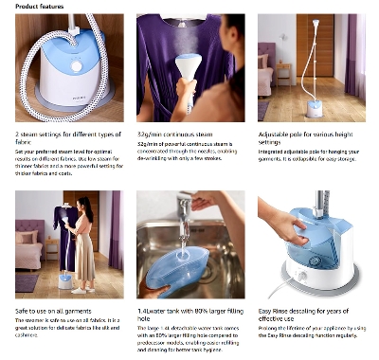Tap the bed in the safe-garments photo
[28, 251]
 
